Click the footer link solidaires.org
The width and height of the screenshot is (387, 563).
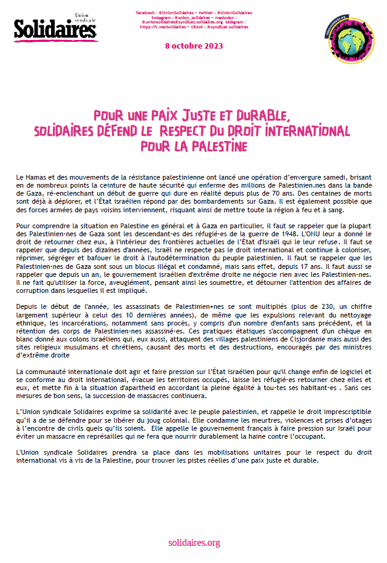click(194, 543)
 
